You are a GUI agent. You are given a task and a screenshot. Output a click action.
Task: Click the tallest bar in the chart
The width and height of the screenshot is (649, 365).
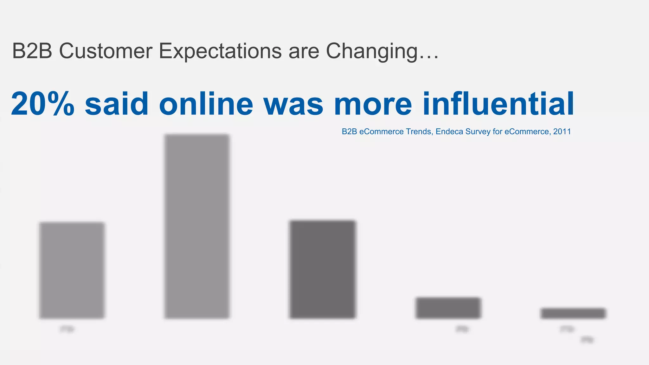coord(197,226)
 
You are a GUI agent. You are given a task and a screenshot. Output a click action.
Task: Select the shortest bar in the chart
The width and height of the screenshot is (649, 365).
coord(573,313)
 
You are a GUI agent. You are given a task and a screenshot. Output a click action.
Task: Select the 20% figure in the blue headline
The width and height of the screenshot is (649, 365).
coord(43,104)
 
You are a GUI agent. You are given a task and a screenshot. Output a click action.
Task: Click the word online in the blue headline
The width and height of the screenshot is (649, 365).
coord(206,104)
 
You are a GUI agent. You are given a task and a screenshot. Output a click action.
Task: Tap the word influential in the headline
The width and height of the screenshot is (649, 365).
coord(498,104)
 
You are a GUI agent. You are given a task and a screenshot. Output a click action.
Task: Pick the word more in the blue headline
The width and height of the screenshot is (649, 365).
coord(373,104)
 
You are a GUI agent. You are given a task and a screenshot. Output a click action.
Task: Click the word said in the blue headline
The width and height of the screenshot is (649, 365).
coord(117,104)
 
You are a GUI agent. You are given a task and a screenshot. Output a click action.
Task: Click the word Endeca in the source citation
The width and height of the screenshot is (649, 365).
coord(449,131)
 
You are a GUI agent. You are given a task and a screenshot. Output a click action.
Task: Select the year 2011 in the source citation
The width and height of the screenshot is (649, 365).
coord(562,131)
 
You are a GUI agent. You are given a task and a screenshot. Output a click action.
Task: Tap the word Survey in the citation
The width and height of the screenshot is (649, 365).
coord(478,131)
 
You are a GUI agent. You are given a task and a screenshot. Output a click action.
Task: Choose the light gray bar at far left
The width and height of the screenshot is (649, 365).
coord(72,270)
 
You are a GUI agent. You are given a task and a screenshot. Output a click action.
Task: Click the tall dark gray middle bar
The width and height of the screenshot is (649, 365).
coord(323,269)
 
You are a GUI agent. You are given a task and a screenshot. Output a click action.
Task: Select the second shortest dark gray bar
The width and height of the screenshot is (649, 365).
coord(448,308)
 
